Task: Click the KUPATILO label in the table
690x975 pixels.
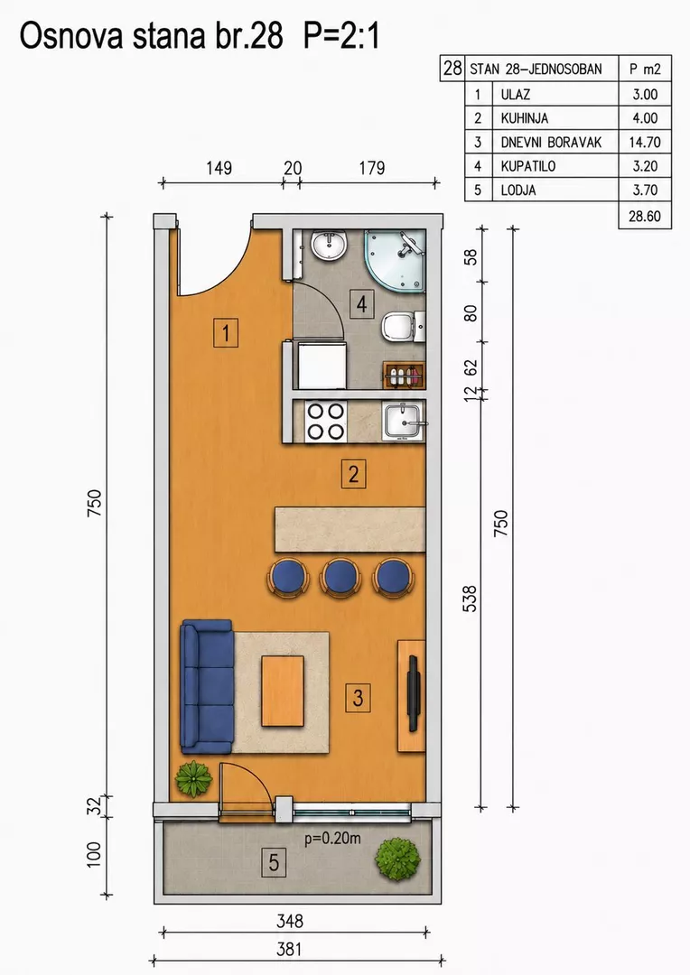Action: [527, 166]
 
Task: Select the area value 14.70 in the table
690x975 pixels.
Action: [645, 143]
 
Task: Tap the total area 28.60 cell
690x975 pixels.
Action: [645, 217]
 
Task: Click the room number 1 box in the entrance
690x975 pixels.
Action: [225, 332]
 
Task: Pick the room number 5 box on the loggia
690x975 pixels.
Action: [274, 862]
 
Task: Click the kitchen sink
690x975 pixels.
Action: [404, 421]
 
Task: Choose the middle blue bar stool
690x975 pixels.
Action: [340, 578]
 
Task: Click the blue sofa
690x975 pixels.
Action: [207, 686]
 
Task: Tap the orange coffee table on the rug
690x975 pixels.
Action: [283, 691]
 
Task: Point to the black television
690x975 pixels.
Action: [413, 693]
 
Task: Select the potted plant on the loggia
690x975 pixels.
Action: [396, 859]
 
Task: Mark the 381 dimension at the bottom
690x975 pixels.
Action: [289, 949]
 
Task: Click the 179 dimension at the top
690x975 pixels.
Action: [372, 168]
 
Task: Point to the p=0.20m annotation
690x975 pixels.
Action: [332, 838]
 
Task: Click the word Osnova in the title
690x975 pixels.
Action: [73, 37]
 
